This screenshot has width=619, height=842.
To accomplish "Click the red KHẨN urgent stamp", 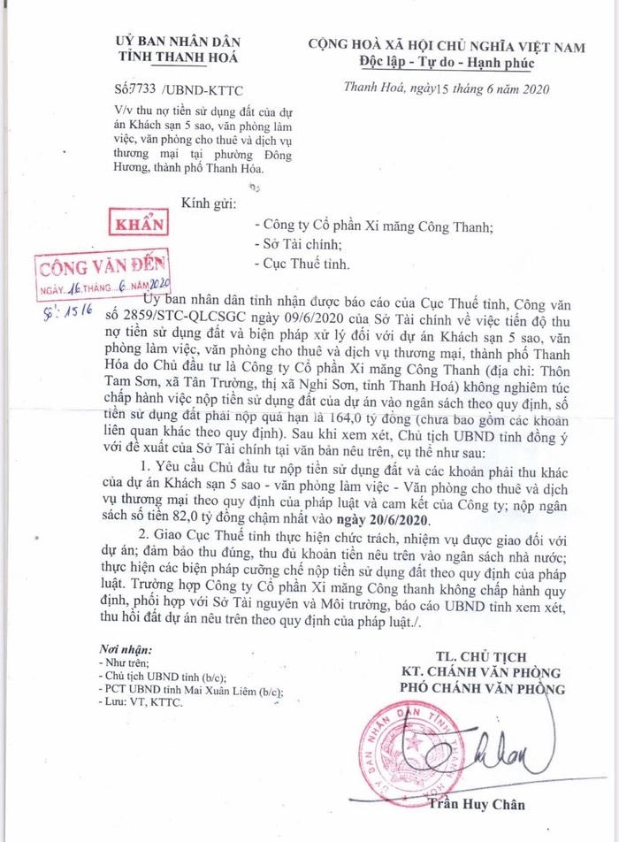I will pos(135,225).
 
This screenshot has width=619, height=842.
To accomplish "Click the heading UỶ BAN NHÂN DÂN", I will pos(177,42).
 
